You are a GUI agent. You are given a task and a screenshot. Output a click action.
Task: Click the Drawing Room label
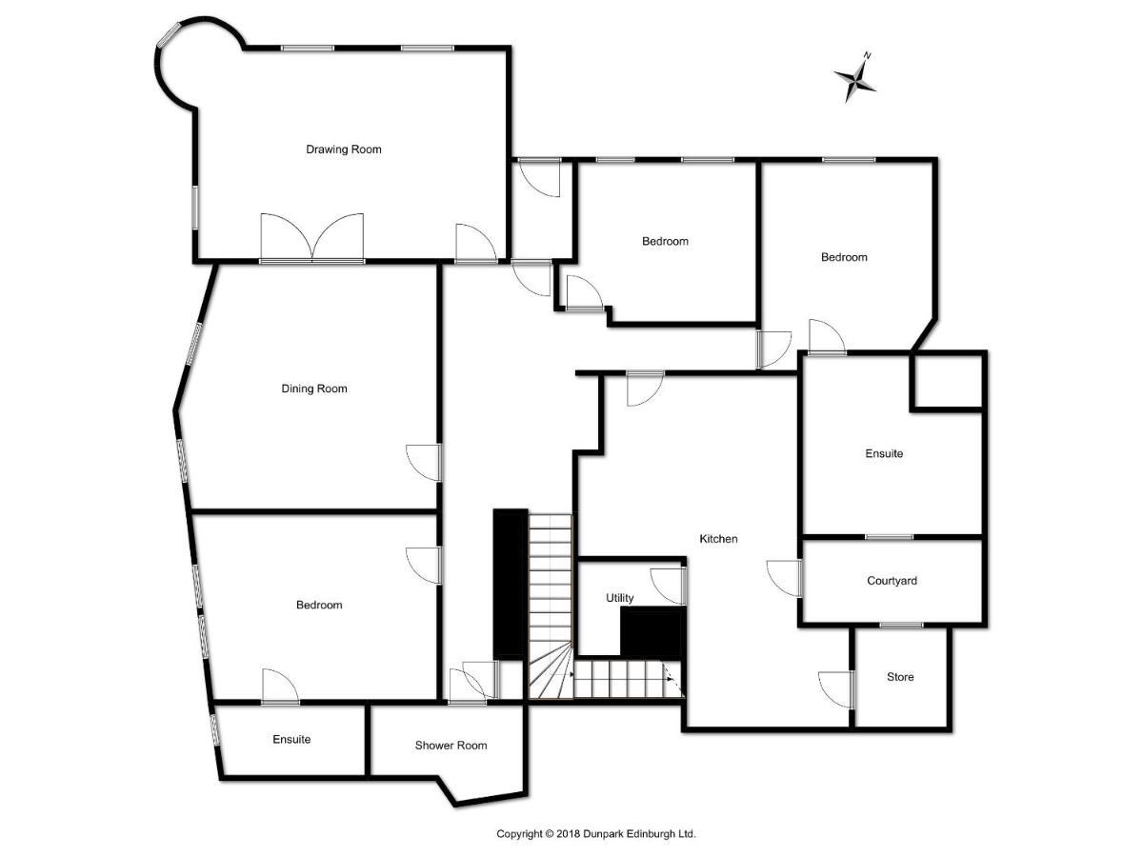point(343,149)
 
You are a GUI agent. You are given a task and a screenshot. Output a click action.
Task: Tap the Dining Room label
point(314,389)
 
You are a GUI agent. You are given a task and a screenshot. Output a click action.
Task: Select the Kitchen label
point(718,539)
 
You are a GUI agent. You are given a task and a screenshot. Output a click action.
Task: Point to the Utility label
point(620,598)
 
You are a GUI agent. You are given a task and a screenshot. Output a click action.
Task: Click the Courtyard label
point(892,580)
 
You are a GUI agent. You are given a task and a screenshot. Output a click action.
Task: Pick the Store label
point(900,676)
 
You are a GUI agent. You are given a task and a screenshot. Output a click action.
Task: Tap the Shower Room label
point(451,746)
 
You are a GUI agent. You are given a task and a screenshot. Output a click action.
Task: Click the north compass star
point(855,79)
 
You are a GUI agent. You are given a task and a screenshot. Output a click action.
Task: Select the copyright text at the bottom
point(595,833)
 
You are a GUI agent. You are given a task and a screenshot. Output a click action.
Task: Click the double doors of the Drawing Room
point(311,237)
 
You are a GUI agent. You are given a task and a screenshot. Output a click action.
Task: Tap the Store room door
point(837,690)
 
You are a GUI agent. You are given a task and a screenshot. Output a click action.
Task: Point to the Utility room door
point(669,587)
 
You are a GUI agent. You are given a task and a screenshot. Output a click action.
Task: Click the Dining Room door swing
point(424,462)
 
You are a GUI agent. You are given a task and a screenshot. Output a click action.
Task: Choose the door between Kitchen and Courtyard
point(784,578)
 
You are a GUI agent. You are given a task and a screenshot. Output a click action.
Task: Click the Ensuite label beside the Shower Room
point(291,739)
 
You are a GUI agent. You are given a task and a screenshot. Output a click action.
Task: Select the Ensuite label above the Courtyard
point(884,453)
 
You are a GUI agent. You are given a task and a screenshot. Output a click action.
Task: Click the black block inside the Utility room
point(651,632)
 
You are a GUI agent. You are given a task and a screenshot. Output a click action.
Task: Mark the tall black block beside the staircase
point(511,585)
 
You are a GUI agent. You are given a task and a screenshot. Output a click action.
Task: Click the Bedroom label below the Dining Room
point(319,605)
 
